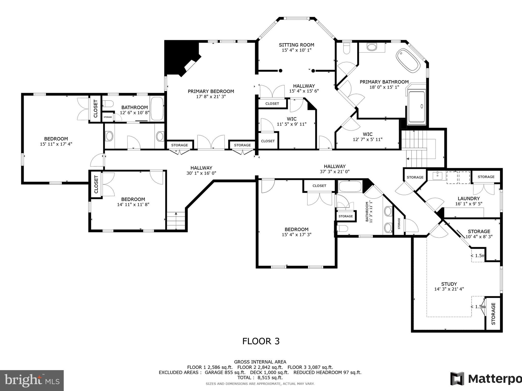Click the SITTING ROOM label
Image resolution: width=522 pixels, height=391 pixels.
tap(296, 45)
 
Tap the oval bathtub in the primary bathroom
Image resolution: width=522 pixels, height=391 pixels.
tap(408, 61)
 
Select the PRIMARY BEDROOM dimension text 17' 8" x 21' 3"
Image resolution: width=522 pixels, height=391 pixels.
tap(211, 97)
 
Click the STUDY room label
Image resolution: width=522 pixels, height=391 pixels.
tap(449, 284)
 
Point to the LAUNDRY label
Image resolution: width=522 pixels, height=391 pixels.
tap(468, 199)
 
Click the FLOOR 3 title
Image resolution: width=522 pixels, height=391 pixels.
tap(261, 341)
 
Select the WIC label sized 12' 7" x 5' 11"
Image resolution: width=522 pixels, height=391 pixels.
tap(368, 134)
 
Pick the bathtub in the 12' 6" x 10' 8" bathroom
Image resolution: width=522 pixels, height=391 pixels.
tap(157, 109)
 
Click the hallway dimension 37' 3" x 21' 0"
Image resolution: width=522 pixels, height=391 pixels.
tap(334, 172)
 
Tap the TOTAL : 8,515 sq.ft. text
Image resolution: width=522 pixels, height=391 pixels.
tap(260, 378)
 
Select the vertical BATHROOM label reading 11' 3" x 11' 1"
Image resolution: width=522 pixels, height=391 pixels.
tap(367, 212)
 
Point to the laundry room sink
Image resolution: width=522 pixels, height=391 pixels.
tap(437, 176)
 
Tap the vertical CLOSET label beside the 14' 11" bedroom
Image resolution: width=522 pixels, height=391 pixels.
tap(96, 184)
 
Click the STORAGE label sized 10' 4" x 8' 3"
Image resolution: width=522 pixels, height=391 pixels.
tap(479, 231)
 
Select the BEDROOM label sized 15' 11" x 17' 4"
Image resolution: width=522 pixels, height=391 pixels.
tap(56, 139)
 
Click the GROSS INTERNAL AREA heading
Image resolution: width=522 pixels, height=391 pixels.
tap(260, 362)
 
